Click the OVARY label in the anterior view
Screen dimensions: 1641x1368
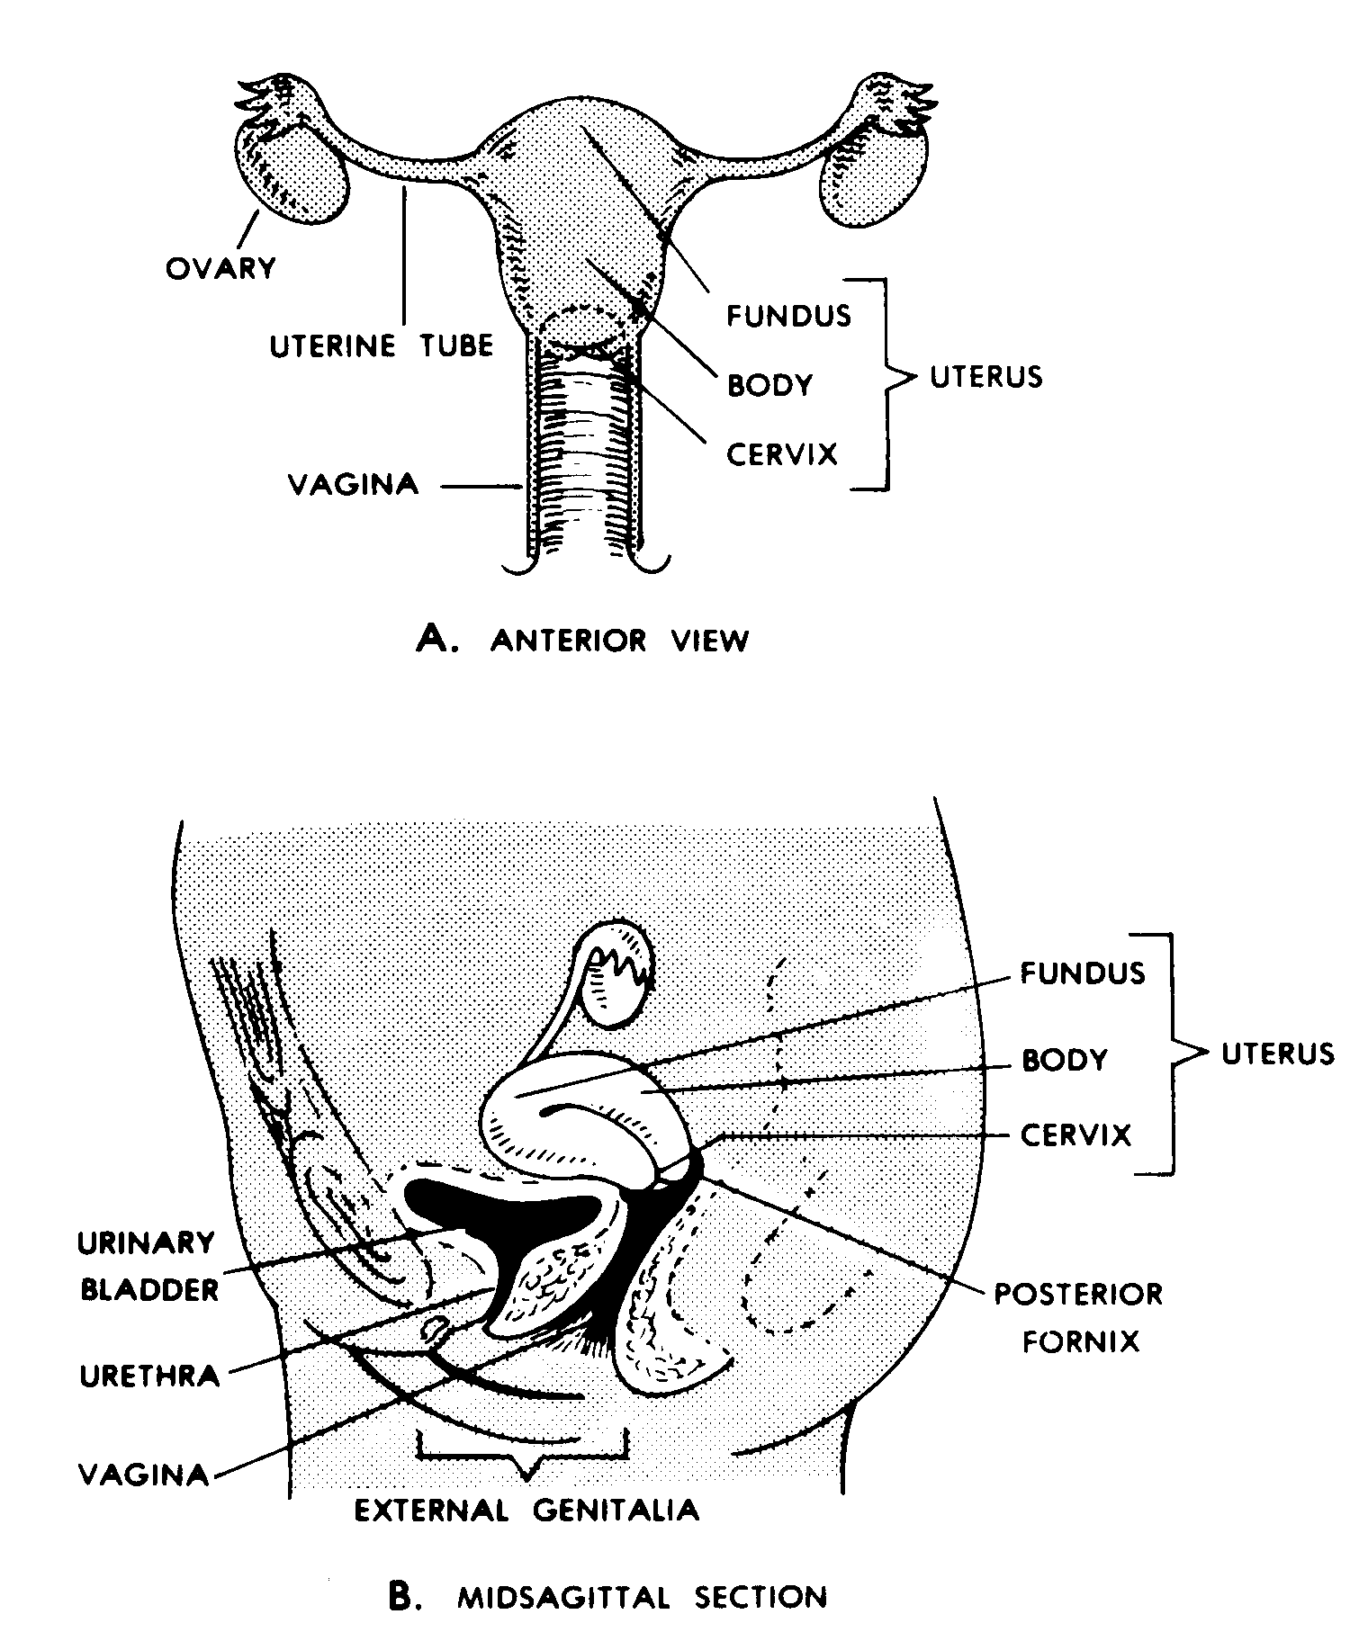[x=220, y=267]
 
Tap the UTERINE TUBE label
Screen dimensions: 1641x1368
[x=382, y=345]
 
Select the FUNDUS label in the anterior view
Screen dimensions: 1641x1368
[x=788, y=315]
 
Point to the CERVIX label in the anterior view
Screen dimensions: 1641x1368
[x=782, y=453]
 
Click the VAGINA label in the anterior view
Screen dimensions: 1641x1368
[x=353, y=485]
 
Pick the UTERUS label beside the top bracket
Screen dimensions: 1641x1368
[x=985, y=376]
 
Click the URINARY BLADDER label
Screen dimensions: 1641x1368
[x=148, y=1266]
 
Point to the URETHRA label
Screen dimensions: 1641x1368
[x=149, y=1376]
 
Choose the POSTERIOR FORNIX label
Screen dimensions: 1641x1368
[x=1077, y=1318]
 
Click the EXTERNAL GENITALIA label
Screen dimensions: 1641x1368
[x=526, y=1509]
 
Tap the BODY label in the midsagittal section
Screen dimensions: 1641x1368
[x=1064, y=1060]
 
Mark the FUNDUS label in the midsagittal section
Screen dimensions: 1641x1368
[x=1082, y=973]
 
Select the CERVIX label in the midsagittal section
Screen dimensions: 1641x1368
[x=1075, y=1135]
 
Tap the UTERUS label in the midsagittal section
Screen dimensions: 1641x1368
[x=1277, y=1053]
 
